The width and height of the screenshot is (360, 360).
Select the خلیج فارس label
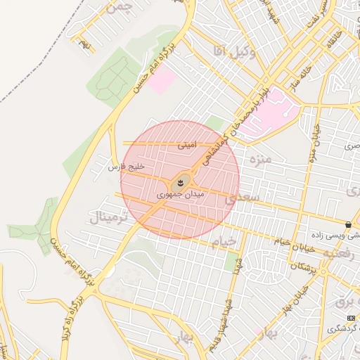click(126, 167)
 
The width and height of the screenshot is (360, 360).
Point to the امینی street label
click(186, 146)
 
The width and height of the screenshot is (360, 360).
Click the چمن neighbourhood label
click(117, 9)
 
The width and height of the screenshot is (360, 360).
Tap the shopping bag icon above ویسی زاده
click(349, 225)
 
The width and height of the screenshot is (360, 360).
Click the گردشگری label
click(344, 329)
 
